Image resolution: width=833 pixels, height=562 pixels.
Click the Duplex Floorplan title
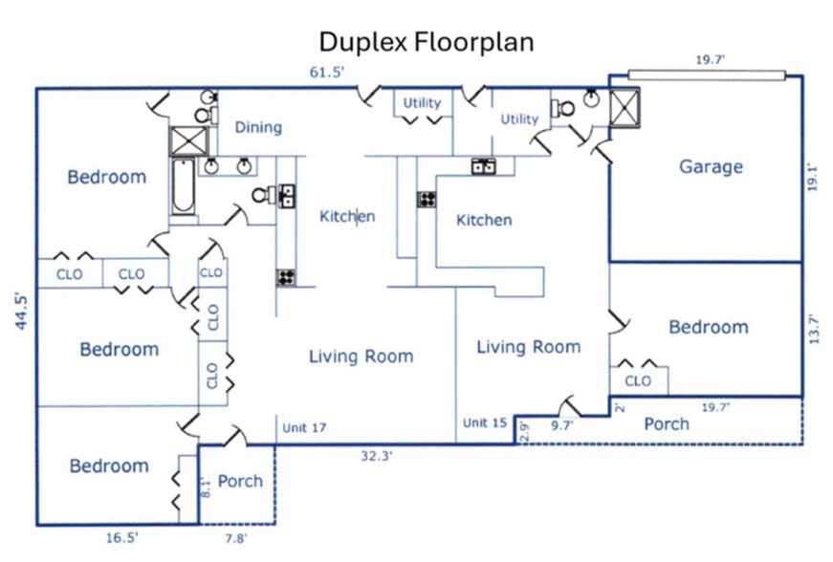point(426,41)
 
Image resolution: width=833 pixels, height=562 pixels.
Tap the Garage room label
point(711,166)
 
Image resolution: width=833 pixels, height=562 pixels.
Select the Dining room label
point(258,127)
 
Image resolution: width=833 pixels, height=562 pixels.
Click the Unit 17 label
point(304,427)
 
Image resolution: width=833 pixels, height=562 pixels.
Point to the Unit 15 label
point(485,422)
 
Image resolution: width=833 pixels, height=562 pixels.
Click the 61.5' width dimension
point(326,72)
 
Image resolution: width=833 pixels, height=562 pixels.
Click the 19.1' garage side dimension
point(814,179)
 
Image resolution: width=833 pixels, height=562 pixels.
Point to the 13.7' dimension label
point(814,328)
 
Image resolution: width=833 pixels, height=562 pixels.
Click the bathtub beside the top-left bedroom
point(183,186)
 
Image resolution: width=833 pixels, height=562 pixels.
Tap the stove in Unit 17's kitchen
point(285,277)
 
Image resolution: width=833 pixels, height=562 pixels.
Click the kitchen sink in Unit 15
point(483,167)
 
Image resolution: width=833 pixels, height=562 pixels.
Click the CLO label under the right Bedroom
point(638,381)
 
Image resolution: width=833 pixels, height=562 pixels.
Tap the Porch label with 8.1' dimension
point(240,481)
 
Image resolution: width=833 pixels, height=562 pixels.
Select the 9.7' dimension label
point(563,426)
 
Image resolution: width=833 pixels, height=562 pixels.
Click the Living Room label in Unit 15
point(528,347)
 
